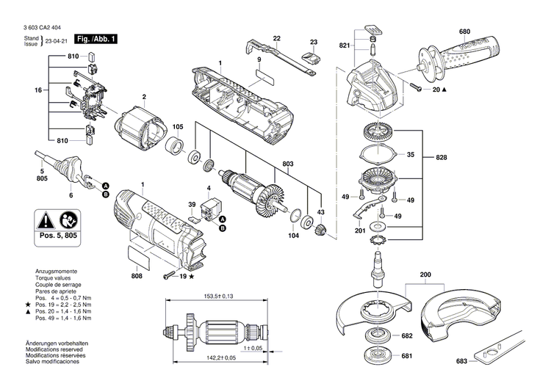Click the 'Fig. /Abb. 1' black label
(x=96, y=37)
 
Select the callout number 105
(x=178, y=127)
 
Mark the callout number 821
(x=344, y=46)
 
